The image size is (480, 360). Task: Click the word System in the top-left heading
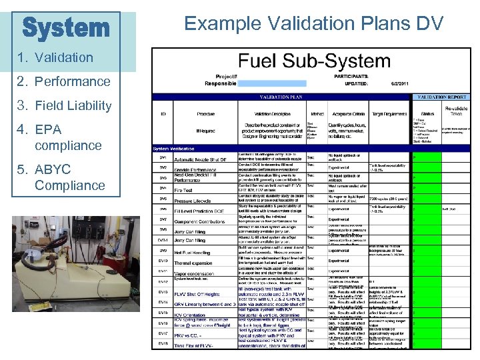[x=65, y=28]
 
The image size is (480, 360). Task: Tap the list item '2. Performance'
[x=63, y=82]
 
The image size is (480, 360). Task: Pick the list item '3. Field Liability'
[x=63, y=106]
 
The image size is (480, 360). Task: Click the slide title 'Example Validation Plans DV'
[x=313, y=24]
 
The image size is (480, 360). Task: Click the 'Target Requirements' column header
[x=389, y=114]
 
